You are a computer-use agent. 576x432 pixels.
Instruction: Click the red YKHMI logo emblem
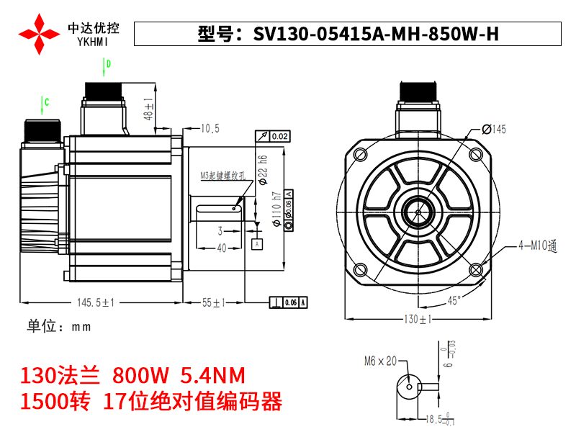pos(39,33)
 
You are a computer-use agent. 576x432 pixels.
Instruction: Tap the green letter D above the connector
pos(108,65)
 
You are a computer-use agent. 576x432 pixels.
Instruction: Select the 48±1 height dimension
pos(149,109)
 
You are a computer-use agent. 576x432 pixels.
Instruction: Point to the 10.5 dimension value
pos(210,128)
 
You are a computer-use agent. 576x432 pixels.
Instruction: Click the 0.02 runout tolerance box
pos(273,136)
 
